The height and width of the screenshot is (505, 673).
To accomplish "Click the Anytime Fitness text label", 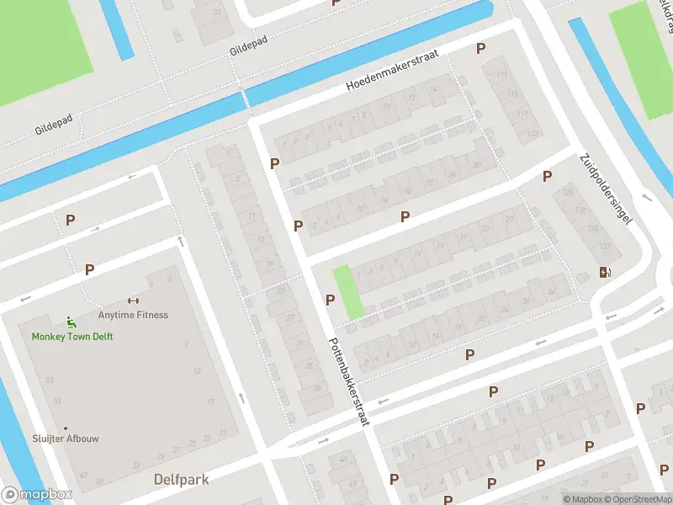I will coord(133,316).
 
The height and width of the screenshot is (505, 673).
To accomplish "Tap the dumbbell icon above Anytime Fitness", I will coord(132,301).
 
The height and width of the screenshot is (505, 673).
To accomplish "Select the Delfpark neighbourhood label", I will coord(181,480).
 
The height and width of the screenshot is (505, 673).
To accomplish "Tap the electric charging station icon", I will coord(605,272).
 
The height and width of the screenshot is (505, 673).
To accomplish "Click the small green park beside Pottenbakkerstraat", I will coord(347,292).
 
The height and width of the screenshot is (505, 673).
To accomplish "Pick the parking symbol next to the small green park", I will coord(330,300).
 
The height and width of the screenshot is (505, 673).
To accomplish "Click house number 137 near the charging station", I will coord(581,246).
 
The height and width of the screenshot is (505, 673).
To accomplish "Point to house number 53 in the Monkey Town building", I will coord(49,380).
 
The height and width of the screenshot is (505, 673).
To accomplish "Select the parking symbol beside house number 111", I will coord(481,49).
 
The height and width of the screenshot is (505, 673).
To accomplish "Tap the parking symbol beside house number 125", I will coord(548,177).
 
